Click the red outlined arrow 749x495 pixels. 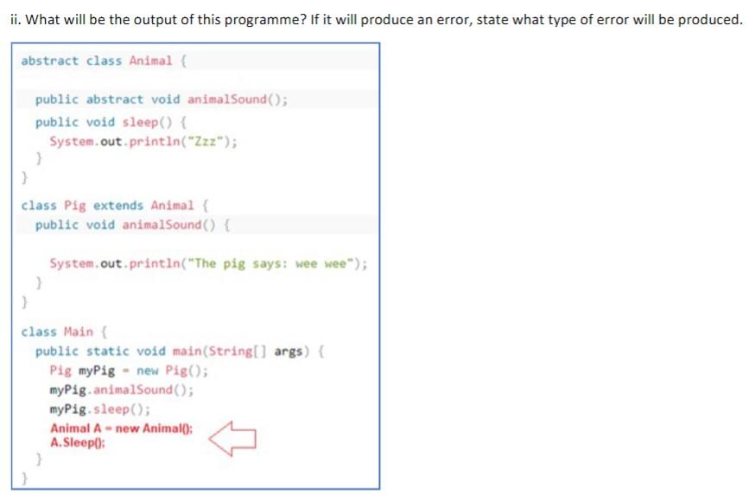pyautogui.click(x=232, y=436)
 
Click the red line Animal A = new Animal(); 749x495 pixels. pyautogui.click(x=121, y=428)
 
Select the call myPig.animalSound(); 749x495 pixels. pyautogui.click(x=122, y=390)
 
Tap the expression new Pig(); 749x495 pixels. pyautogui.click(x=173, y=371)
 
